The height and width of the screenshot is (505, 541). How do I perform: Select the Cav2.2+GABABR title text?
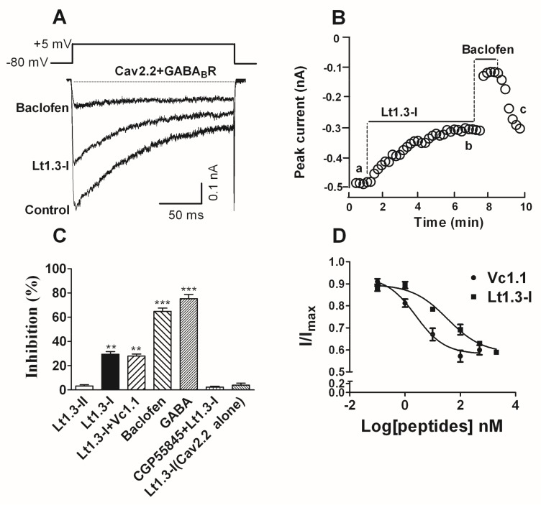tap(164, 71)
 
